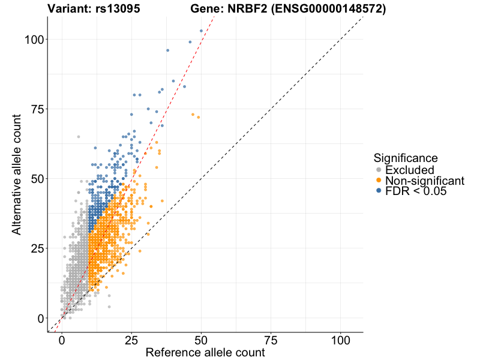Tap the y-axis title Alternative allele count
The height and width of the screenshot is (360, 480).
(x=17, y=175)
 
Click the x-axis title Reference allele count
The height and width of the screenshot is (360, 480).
(x=205, y=353)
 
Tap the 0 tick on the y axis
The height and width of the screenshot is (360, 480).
(x=40, y=318)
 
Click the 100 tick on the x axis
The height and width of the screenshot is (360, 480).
(x=341, y=339)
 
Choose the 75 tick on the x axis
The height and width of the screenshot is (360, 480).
(x=271, y=339)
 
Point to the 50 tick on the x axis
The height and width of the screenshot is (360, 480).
(x=201, y=339)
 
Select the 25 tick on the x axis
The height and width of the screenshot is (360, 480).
(x=131, y=339)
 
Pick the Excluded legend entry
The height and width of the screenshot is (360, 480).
(x=410, y=170)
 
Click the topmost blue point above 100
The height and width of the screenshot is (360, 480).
(x=201, y=31)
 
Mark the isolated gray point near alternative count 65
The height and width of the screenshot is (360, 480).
(x=78, y=137)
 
